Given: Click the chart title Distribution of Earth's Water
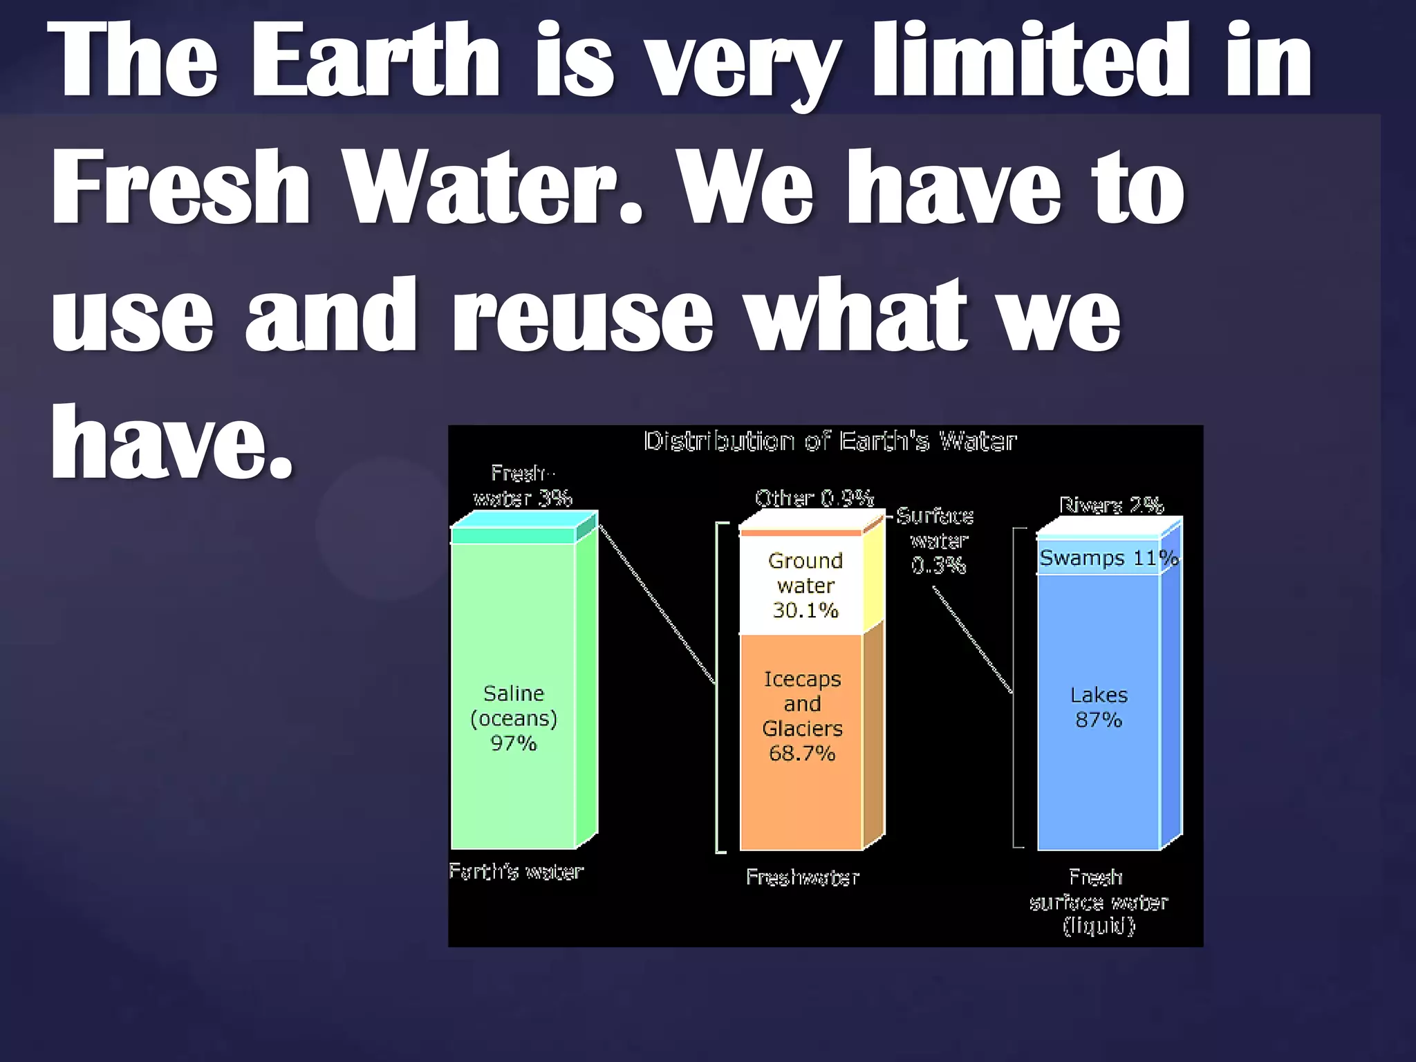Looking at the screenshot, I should (x=830, y=441).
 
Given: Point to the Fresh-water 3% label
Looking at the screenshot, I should (x=523, y=485).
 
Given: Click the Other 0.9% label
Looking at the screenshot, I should (x=814, y=498).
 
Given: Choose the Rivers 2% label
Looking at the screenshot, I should (x=1112, y=505).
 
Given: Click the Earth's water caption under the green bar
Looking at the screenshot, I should (x=516, y=872).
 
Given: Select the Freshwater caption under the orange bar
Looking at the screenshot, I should (x=802, y=878).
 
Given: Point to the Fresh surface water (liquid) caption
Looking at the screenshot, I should (x=1099, y=902).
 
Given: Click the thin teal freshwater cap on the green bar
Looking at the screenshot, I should (x=513, y=535).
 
